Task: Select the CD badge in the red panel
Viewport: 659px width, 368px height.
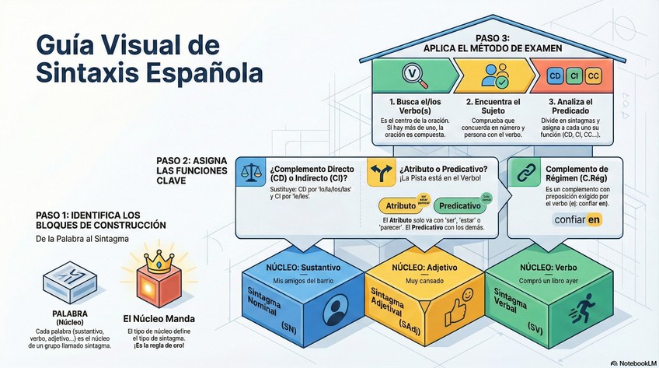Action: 556,76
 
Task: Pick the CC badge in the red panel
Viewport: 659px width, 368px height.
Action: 592,76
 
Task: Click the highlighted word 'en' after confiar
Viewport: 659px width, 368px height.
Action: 594,220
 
